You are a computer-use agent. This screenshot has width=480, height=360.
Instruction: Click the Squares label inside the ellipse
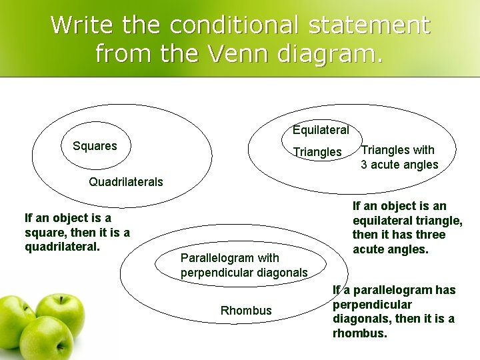95,145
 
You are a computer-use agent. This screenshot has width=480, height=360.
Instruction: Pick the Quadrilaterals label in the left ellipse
125,182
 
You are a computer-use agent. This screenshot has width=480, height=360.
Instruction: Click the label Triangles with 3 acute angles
399,157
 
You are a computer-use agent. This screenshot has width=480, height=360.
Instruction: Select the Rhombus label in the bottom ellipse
246,311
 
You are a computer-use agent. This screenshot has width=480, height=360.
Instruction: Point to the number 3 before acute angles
365,165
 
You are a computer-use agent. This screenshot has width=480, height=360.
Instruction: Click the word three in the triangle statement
431,235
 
